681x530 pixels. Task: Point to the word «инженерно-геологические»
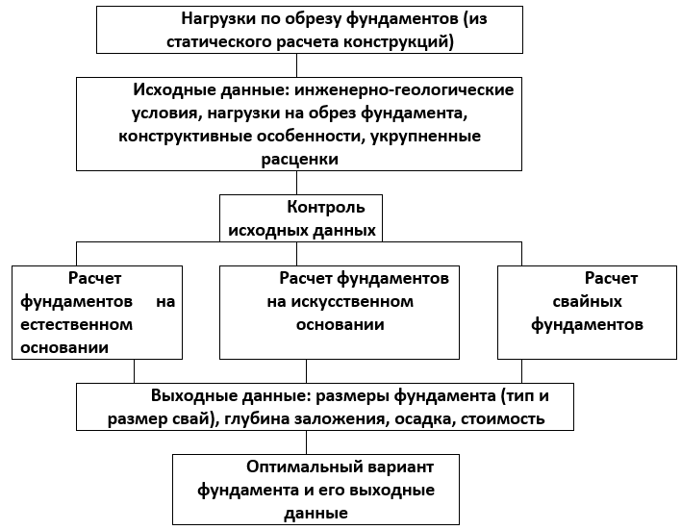tap(404, 89)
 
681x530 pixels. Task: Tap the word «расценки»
tap(300, 159)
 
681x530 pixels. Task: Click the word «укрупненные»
tap(425, 137)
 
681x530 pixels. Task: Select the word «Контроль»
tap(326, 207)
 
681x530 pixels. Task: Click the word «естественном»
tap(76, 324)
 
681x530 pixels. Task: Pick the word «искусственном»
tap(352, 301)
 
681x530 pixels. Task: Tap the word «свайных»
tap(587, 301)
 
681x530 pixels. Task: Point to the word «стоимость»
tap(502, 419)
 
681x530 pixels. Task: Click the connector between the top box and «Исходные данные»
tap(296, 65)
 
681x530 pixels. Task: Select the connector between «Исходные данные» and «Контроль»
tap(296, 183)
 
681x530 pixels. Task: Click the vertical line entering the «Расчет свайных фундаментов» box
tap(521, 254)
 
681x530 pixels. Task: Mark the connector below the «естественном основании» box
tap(135, 371)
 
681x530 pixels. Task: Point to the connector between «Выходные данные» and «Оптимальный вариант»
tap(306, 442)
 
